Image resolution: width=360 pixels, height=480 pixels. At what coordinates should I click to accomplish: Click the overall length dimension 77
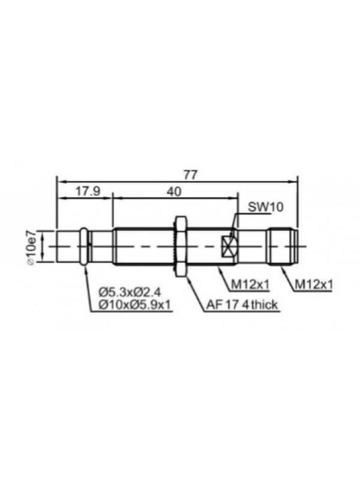point(191,175)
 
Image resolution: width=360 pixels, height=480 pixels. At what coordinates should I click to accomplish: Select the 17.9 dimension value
point(88,191)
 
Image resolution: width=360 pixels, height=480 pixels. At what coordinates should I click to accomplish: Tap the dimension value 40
point(174,191)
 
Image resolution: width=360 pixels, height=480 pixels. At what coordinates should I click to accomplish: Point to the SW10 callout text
point(265,207)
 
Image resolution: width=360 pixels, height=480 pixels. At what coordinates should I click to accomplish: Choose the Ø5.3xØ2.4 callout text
point(130,292)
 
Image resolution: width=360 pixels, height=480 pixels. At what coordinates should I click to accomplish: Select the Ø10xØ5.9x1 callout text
point(134,305)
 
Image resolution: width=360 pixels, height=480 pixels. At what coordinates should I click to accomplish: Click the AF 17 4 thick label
point(242,305)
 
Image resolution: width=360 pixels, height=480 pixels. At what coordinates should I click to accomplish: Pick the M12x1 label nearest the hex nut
point(250,284)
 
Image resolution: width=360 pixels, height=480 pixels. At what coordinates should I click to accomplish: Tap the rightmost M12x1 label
point(313,284)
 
